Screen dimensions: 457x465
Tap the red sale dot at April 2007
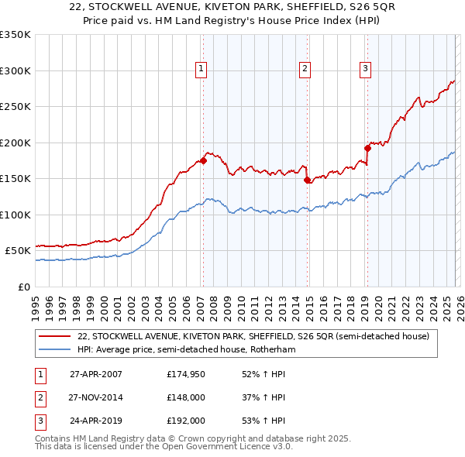click(x=203, y=160)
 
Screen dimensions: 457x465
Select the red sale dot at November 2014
click(x=308, y=180)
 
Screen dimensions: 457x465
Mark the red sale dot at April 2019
click(x=367, y=148)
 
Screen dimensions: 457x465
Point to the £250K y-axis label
click(x=15, y=107)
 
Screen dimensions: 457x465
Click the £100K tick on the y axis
click(x=15, y=215)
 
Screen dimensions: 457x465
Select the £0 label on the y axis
click(x=24, y=287)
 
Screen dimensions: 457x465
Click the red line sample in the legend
click(x=54, y=336)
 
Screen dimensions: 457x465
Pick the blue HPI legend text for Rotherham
click(x=186, y=350)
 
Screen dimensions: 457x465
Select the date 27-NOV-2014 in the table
click(x=96, y=397)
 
